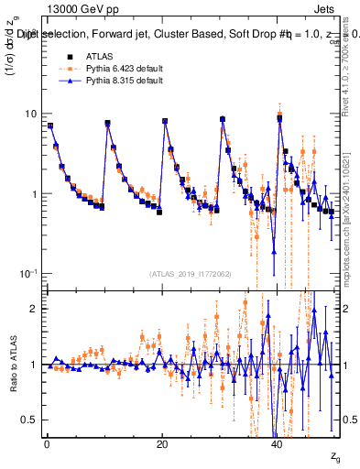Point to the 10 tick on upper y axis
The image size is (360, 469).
pos(31,114)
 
